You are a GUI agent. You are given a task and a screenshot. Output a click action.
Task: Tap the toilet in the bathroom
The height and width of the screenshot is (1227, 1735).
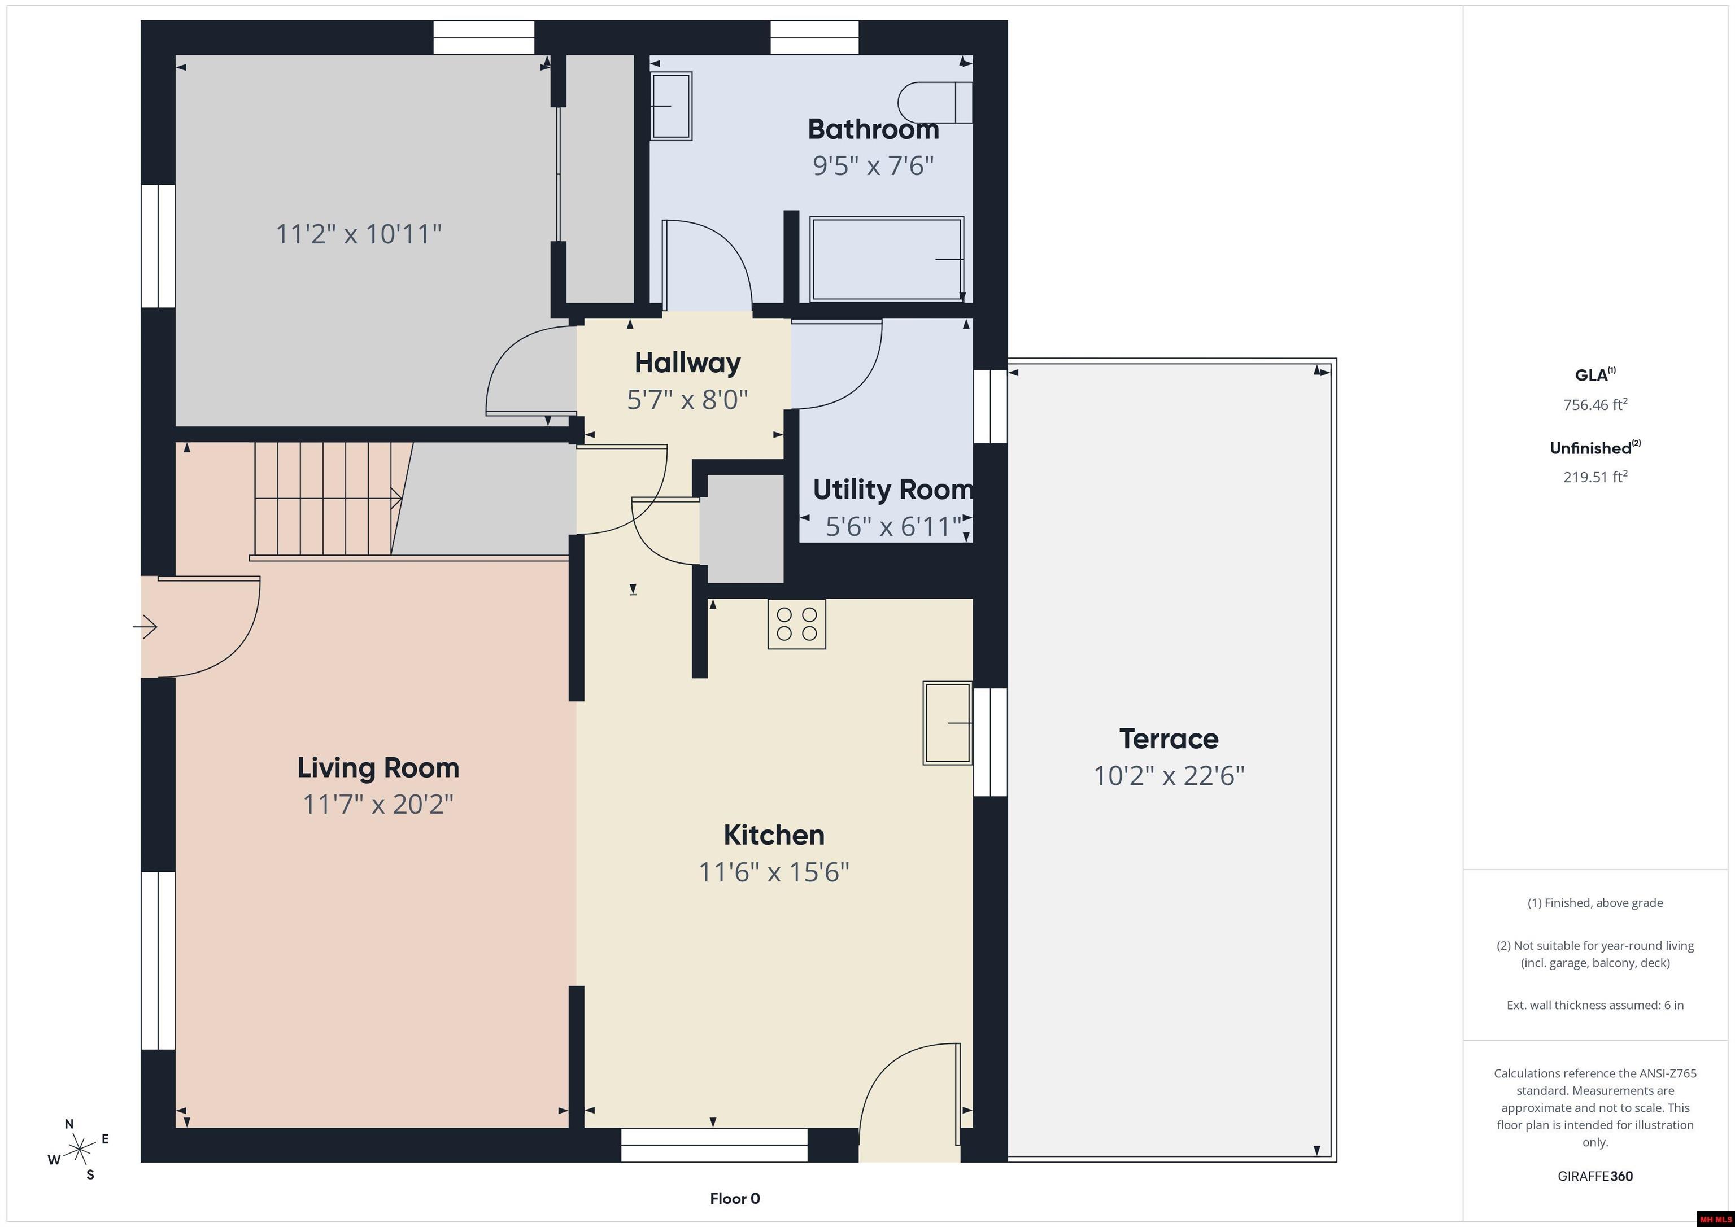click(935, 102)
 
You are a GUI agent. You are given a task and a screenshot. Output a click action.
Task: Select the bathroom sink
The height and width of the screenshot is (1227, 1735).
click(671, 106)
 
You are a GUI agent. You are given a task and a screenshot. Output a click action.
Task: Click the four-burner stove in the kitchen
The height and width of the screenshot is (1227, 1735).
click(796, 623)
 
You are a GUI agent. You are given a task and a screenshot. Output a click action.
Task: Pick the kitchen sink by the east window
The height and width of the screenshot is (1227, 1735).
click(948, 723)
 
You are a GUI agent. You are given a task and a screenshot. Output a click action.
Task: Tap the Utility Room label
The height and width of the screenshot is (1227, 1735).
click(892, 490)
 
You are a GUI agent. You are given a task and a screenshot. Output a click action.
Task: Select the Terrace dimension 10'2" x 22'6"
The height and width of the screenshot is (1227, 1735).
click(1169, 776)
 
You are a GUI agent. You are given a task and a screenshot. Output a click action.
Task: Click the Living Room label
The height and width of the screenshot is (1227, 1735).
click(378, 767)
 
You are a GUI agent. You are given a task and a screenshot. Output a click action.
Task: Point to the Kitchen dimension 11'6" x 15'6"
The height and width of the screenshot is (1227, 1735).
click(774, 872)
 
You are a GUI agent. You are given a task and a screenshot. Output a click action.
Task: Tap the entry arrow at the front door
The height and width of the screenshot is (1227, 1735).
click(145, 626)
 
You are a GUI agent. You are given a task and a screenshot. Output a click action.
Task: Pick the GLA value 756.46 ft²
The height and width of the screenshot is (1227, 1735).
click(1594, 404)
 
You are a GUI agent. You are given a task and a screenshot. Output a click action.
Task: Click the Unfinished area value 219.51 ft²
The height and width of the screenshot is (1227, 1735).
click(1594, 477)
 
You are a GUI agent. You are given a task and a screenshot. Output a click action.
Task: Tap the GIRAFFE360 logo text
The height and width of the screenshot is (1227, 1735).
click(1594, 1176)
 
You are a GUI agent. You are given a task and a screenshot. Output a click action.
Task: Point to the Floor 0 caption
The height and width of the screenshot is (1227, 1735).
click(735, 1198)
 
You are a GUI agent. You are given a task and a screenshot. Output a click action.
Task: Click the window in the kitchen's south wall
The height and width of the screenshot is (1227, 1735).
click(714, 1145)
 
